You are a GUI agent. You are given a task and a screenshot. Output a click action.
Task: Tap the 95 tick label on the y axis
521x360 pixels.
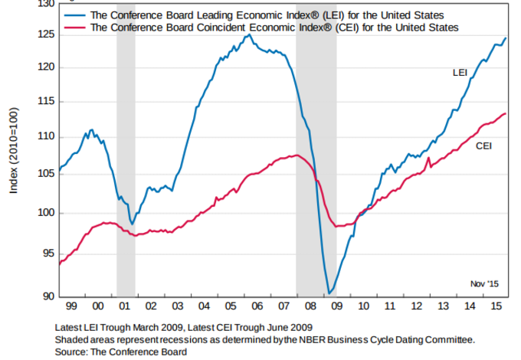point(46,254)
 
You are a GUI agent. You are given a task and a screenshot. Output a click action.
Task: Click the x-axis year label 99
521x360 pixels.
point(71,306)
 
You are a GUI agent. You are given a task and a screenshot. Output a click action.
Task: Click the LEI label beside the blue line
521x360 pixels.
point(460,73)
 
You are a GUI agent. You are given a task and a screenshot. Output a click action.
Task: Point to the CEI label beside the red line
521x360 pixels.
point(483,146)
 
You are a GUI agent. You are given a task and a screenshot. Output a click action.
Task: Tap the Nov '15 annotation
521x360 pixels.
point(484,283)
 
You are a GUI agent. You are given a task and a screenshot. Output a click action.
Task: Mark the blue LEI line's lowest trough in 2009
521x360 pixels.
point(329,293)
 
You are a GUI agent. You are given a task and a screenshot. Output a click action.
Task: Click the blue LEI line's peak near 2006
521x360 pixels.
point(249,34)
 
